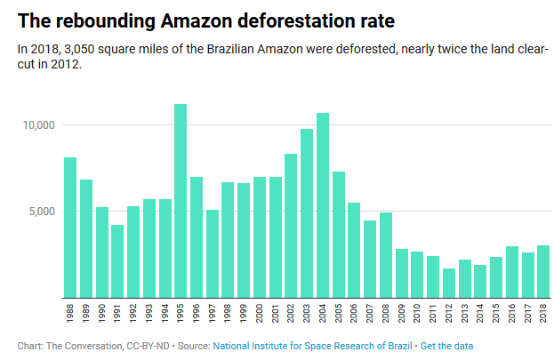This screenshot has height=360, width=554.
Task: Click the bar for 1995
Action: coord(181,201)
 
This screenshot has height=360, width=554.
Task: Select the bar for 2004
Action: coord(323,205)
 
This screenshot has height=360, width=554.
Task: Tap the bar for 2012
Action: coord(449,283)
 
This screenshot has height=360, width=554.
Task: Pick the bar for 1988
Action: coord(70,228)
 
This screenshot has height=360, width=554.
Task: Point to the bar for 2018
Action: coord(543,271)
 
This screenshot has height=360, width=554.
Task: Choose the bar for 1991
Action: coord(117,261)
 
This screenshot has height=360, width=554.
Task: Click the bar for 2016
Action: coord(512,272)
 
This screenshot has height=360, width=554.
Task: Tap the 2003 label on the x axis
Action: coord(307,316)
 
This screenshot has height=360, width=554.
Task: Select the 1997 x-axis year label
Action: coord(213,316)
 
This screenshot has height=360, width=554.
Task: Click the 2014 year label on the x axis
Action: coord(480,316)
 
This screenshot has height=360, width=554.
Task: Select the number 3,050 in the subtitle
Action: coord(76,48)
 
